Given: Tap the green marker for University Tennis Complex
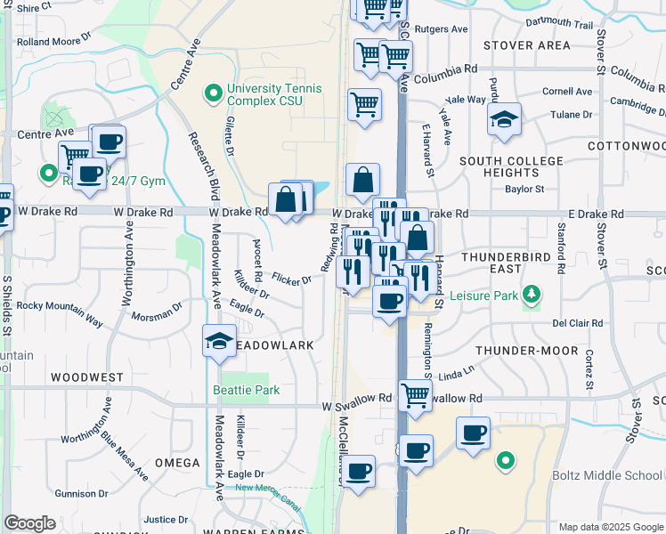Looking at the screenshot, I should tap(214, 92).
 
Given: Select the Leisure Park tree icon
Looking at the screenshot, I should tap(532, 293).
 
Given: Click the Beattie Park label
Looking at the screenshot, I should tap(247, 390).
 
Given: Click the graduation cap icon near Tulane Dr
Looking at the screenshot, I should tap(504, 120).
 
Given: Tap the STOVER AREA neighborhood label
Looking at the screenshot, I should tap(527, 45).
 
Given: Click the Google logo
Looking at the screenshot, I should tap(29, 523).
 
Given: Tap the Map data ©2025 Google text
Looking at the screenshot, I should tap(610, 527).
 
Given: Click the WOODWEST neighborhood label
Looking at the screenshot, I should tap(87, 377).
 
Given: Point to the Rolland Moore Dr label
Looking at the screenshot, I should tap(53, 41).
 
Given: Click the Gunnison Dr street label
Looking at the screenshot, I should tap(80, 493).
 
